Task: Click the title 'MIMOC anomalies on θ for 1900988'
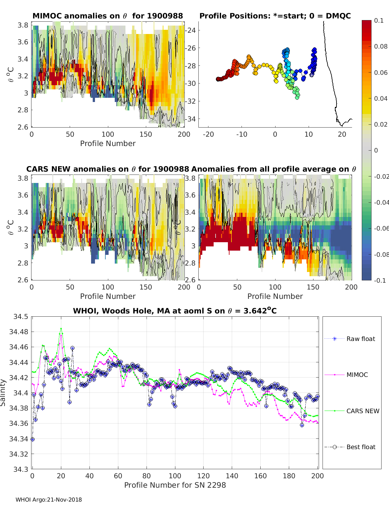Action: [108, 16]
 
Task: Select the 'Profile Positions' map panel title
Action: [275, 16]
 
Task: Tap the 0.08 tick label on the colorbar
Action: [381, 46]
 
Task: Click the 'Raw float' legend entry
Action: [360, 339]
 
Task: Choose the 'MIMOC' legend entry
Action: [357, 375]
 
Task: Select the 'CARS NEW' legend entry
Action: [362, 411]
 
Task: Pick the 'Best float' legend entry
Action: [360, 447]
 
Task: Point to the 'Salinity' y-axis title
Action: [3, 392]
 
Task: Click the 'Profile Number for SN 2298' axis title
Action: [175, 485]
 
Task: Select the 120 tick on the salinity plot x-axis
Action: [204, 476]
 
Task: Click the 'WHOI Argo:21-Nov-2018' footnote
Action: [49, 500]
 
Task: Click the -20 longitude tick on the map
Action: [208, 134]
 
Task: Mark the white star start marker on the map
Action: [312, 74]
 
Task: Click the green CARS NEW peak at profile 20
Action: [61, 328]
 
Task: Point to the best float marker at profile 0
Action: [32, 439]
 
